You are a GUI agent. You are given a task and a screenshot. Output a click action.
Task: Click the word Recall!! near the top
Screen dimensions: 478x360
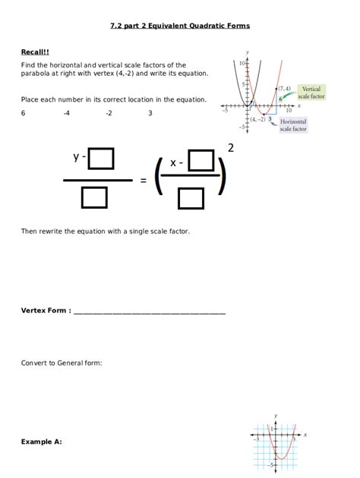pos(35,52)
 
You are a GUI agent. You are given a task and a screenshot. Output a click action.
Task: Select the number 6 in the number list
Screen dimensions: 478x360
pos(23,113)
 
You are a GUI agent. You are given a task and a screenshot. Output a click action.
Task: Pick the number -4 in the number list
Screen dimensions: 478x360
pos(67,113)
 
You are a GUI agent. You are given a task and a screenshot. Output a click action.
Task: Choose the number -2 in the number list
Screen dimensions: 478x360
pos(109,113)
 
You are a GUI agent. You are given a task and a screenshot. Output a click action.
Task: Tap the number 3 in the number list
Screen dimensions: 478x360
pos(150,113)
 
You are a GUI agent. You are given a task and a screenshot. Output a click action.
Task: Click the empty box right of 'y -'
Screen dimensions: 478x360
pos(101,159)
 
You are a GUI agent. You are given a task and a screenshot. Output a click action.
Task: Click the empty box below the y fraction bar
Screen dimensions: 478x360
pos(93,198)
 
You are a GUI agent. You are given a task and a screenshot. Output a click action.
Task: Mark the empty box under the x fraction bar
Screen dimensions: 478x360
pos(191,199)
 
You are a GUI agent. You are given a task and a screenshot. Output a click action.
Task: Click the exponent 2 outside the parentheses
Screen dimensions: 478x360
pos(230,148)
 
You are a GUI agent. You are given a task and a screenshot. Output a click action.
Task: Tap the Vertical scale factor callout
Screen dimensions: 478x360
pos(311,93)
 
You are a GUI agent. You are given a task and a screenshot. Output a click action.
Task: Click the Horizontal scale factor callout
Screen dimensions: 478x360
pos(293,125)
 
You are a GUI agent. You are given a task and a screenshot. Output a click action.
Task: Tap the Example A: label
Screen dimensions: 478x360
pos(41,441)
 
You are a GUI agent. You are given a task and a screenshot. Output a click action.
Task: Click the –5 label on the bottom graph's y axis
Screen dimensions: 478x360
pos(270,463)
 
